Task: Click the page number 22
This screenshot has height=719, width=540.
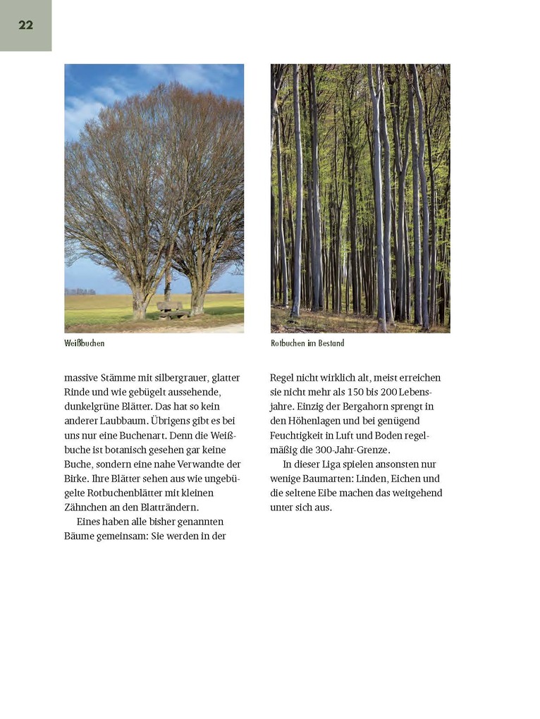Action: [x=25, y=25]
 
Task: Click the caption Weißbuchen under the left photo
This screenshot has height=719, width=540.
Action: [x=84, y=343]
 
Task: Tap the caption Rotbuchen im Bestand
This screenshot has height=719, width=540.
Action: [x=307, y=343]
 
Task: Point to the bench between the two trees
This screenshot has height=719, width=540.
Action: [x=169, y=308]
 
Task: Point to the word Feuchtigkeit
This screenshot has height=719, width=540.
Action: [x=297, y=436]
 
